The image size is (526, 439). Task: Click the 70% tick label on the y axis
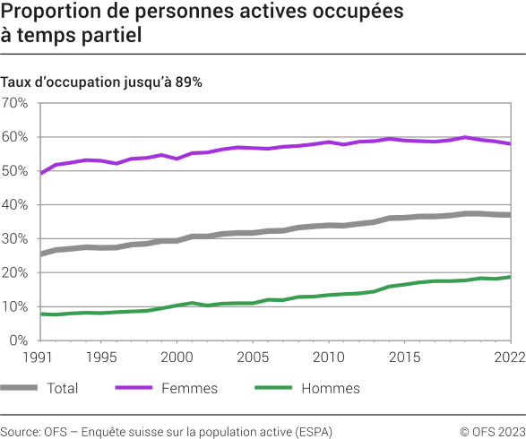(x=15, y=103)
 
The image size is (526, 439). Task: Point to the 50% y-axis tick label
(x=15, y=171)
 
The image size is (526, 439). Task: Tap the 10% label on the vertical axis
(x=15, y=307)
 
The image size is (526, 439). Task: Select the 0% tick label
(x=19, y=340)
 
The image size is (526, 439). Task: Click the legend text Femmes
(x=189, y=389)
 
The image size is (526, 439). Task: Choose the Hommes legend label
(x=330, y=389)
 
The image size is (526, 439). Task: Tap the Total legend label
(x=61, y=389)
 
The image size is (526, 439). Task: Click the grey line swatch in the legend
(x=21, y=389)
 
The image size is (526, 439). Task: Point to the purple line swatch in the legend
(x=136, y=389)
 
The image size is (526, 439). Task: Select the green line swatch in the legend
(x=276, y=389)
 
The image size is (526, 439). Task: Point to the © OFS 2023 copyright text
(x=493, y=432)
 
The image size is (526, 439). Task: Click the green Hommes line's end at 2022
(x=511, y=277)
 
